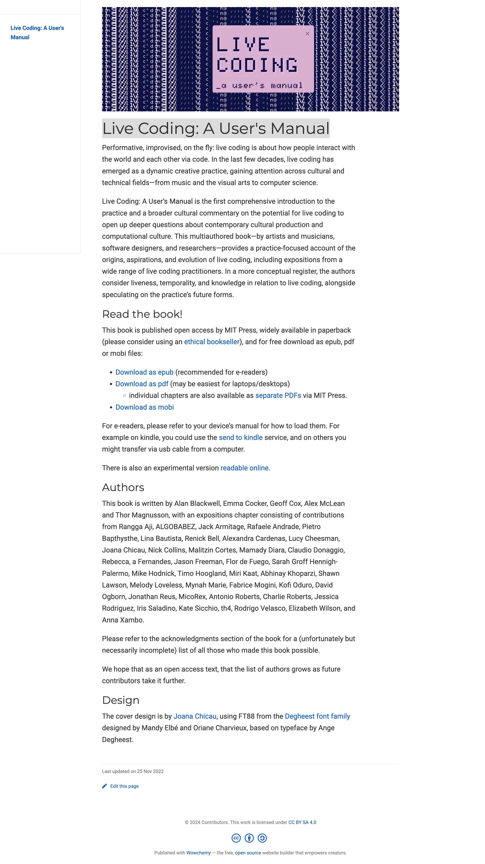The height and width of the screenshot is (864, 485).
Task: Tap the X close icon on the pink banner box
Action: (x=307, y=33)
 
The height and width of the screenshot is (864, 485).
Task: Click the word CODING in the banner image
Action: (x=257, y=65)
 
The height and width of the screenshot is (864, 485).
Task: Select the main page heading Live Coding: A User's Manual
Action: (x=216, y=129)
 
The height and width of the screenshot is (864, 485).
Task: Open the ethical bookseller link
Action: (x=212, y=342)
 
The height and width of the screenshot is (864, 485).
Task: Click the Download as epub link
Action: (x=144, y=372)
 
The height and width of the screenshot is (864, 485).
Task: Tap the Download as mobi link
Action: (x=144, y=407)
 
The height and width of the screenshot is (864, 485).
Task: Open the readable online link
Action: (x=244, y=468)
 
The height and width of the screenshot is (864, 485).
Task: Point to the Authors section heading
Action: (x=123, y=487)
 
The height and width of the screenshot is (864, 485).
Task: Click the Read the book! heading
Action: (x=142, y=314)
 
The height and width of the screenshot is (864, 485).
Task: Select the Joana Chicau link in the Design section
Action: (x=195, y=716)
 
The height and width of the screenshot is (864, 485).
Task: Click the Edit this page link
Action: (x=124, y=786)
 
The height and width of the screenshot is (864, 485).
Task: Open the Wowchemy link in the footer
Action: (x=199, y=853)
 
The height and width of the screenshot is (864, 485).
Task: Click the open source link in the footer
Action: (x=248, y=853)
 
